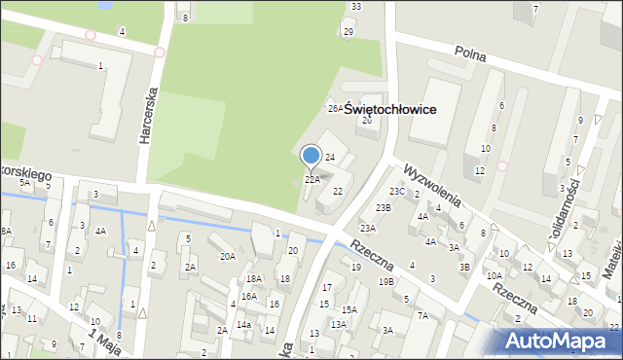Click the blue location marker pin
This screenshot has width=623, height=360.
pos(311,156)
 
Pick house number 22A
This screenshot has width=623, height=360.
pos(312,179)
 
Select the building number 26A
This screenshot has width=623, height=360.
pos(335,108)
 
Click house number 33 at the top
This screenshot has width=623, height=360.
pos(356,7)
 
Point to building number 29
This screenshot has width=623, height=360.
pos(348,32)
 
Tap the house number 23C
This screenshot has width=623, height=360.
pos(397,192)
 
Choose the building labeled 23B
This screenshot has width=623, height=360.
pos(384,207)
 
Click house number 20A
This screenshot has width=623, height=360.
pos(228,256)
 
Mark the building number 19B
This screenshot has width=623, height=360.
pos(386,281)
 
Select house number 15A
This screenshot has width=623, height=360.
pos(349,309)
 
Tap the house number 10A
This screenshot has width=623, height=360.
pos(495,275)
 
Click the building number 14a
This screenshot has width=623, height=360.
pos(243,324)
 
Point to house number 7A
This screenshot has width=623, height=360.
pos(422,315)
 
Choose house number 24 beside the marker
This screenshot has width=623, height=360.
pos(330,157)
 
